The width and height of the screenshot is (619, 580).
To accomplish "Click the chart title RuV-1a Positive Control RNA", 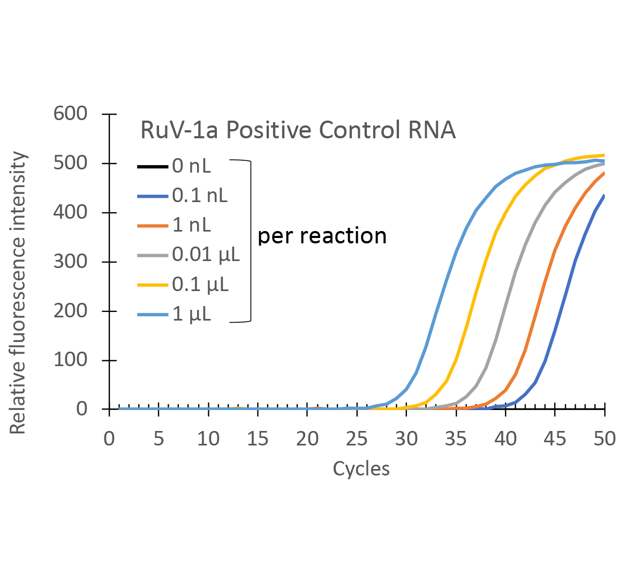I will coord(298,130).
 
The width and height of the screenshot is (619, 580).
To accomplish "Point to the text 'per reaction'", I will coord(322,236).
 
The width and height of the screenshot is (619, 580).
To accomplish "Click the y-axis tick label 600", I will coord(70,114).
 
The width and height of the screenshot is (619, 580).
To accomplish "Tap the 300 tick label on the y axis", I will coord(70,262).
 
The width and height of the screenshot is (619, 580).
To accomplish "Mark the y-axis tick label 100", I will coord(70,360).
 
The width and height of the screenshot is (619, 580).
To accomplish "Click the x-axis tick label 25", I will coord(357,439).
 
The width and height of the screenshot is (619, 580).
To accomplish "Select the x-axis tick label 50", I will coord(605,439).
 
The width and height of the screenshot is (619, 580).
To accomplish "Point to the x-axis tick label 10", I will coord(208,439).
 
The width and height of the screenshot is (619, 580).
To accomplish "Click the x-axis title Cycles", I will coord(361,469).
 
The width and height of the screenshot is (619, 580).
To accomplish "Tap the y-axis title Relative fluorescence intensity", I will coord(18,293).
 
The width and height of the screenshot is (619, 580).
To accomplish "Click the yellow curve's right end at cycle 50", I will coord(604,155).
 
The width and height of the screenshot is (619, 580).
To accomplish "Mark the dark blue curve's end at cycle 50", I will coord(604,196).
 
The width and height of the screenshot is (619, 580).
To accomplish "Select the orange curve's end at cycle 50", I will coord(604,173).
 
